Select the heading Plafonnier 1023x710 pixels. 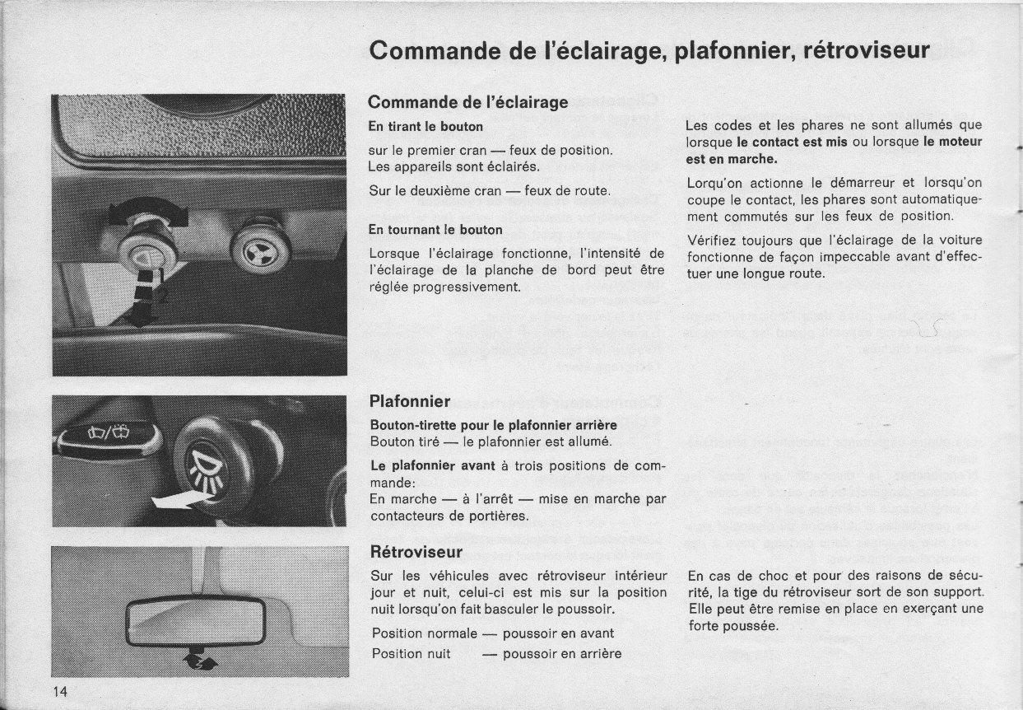(410, 401)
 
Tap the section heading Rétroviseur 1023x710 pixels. (416, 551)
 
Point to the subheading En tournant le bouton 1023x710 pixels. (435, 229)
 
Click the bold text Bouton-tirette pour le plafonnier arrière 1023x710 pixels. (494, 425)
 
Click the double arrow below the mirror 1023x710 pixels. (198, 659)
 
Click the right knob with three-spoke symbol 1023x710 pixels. (260, 250)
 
